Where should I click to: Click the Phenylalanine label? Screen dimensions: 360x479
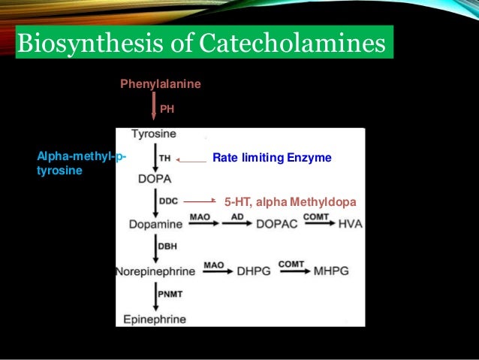coord(161,84)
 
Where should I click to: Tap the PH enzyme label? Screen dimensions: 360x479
coord(167,109)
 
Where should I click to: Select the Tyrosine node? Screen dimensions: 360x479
coord(154,135)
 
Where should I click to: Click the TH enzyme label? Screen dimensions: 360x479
coord(165,159)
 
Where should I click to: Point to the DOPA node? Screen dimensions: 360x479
coord(154,179)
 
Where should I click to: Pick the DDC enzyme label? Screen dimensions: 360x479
coord(168,201)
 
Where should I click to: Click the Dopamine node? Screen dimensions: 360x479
coord(155,224)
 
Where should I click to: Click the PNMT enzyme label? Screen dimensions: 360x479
coord(170,294)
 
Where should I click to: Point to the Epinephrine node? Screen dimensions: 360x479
coord(155,319)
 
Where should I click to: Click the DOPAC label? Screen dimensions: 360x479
coord(278,224)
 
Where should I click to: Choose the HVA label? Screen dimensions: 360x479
coord(350,224)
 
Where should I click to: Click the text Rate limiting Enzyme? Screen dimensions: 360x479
coord(272,159)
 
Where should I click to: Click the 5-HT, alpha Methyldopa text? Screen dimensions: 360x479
coord(290,202)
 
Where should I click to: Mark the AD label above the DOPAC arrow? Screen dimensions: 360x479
coord(236,216)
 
